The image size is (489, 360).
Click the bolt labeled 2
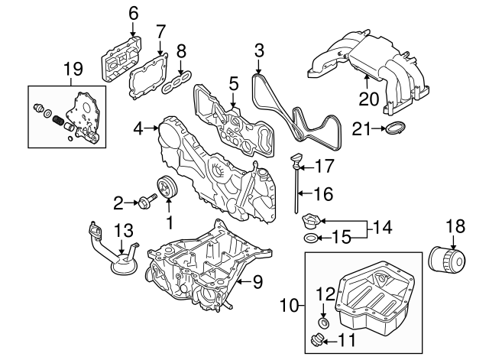pyautogui.click(x=145, y=203)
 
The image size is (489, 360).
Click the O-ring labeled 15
pyautogui.click(x=310, y=241)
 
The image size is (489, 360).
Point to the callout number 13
pyautogui.click(x=124, y=230)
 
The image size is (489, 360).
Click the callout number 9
pyautogui.click(x=257, y=282)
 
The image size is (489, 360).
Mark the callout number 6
pyautogui.click(x=134, y=12)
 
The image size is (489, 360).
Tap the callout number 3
pyautogui.click(x=259, y=51)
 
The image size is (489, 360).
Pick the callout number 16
pyautogui.click(x=324, y=194)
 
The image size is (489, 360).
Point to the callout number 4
pyautogui.click(x=138, y=131)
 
